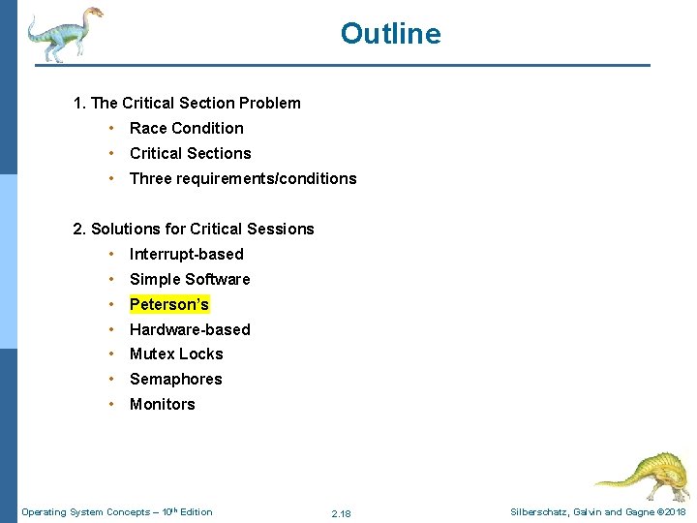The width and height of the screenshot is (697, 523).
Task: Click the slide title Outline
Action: pos(390,34)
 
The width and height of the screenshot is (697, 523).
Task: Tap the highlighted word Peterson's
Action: pos(169,304)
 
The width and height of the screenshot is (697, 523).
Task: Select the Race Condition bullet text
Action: pos(187,128)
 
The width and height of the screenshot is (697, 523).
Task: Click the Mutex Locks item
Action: pos(176,354)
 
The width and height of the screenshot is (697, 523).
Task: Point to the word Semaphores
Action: pos(176,380)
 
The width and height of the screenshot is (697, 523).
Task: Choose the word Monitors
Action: pos(163,405)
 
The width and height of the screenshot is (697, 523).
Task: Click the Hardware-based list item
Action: pos(190,329)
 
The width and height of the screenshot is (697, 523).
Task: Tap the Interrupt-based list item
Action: pos(187,254)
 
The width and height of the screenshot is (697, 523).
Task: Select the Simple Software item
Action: pos(190,279)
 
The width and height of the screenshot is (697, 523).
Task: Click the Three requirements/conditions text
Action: pos(243,178)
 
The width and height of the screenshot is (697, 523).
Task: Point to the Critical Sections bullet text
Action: pos(191,153)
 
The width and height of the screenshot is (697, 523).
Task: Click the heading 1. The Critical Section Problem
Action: pos(187,103)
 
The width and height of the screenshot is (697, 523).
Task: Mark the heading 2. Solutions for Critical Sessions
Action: pos(194,229)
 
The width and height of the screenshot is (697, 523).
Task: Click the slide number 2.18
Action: pos(341,513)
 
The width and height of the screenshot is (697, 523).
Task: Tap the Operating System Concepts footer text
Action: pos(116,512)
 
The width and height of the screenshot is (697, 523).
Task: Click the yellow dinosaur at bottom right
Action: pos(643,475)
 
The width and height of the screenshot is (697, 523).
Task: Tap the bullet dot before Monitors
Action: pos(113,405)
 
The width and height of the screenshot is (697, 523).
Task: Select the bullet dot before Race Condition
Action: pos(113,128)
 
